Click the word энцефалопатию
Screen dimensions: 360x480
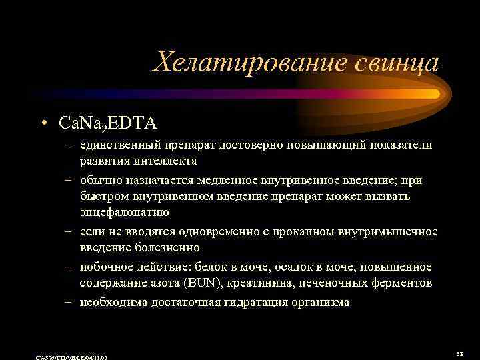point(125,212)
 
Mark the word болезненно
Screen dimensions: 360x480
point(165,247)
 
